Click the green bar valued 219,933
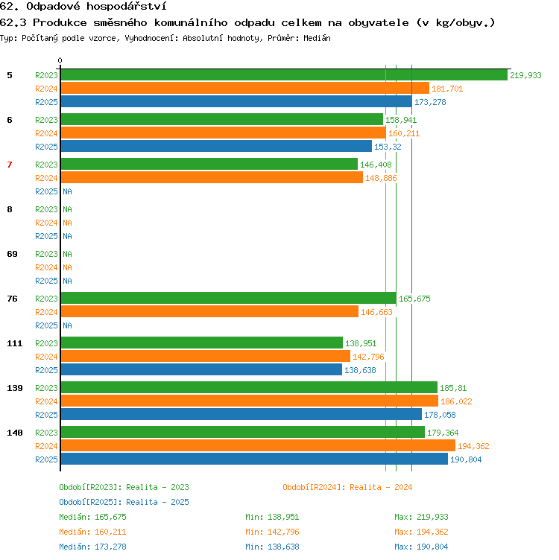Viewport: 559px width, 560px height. (x=284, y=75)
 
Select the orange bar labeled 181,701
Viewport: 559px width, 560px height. (x=245, y=88)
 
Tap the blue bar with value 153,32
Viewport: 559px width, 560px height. (x=216, y=147)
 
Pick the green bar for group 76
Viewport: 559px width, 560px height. (x=229, y=298)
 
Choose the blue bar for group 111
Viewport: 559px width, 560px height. (x=201, y=369)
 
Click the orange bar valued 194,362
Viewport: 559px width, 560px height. (x=258, y=446)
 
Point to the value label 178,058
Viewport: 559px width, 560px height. (x=440, y=415)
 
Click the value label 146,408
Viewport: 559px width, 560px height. (x=376, y=165)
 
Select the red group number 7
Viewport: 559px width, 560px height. (x=10, y=165)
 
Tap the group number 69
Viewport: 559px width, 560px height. (x=12, y=254)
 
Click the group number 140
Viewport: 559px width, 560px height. (x=15, y=433)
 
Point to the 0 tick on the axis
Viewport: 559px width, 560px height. (x=60, y=60)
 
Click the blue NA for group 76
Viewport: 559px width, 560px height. (x=68, y=325)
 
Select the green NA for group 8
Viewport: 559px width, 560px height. (x=68, y=209)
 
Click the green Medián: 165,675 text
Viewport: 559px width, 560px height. (x=92, y=517)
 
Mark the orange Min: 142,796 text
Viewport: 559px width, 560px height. (x=272, y=532)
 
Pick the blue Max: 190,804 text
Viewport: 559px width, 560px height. (x=421, y=547)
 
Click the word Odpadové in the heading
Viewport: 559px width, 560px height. (x=53, y=7)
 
